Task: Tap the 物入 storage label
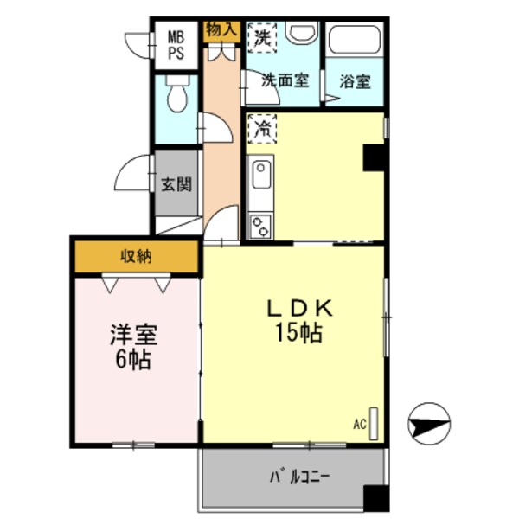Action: pyautogui.click(x=221, y=29)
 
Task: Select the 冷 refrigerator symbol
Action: pyautogui.click(x=261, y=130)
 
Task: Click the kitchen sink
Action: pyautogui.click(x=260, y=177)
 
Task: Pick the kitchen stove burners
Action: pyautogui.click(x=260, y=226)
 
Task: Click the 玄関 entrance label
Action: pyautogui.click(x=176, y=183)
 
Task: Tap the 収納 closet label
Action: pyautogui.click(x=136, y=257)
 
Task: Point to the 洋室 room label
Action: pyautogui.click(x=131, y=335)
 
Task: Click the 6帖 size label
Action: pyautogui.click(x=131, y=358)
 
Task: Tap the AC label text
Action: pyautogui.click(x=359, y=424)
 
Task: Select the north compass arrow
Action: pyautogui.click(x=430, y=423)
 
